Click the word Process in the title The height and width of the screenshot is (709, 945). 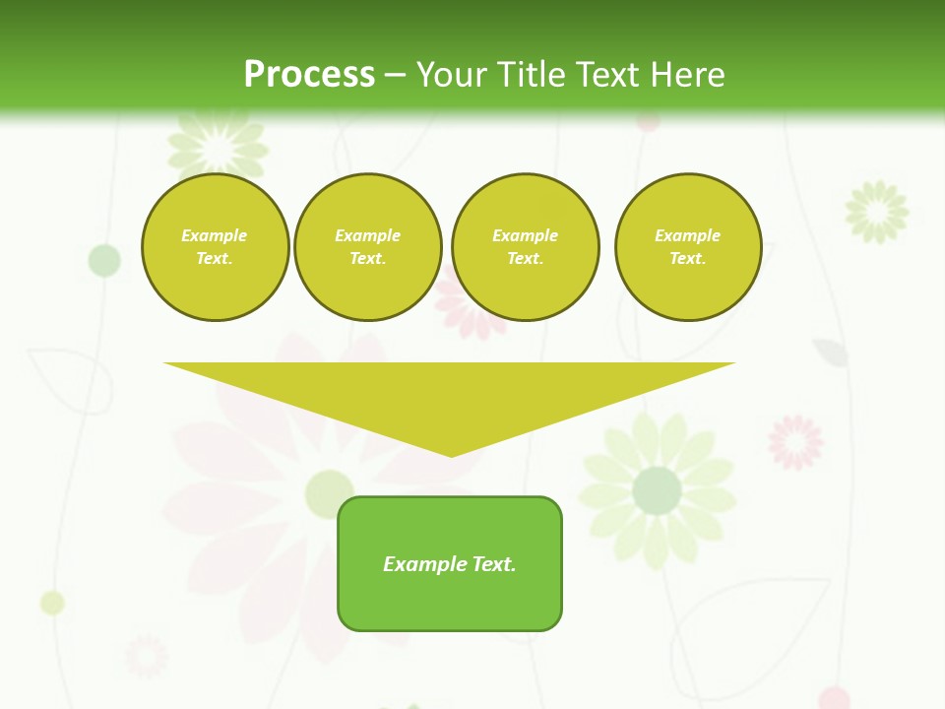click(309, 75)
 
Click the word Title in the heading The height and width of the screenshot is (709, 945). click(529, 75)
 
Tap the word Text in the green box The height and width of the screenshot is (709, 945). click(493, 564)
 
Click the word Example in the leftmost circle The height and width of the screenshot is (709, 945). click(215, 235)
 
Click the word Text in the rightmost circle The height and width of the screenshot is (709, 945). click(687, 258)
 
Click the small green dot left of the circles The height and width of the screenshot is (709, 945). click(104, 260)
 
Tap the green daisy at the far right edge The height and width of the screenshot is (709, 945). click(876, 211)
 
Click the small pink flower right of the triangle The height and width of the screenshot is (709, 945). click(795, 441)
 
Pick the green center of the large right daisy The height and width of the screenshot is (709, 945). click(657, 490)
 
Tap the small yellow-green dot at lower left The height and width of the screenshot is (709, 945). click(52, 603)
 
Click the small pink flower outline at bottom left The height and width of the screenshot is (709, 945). click(146, 657)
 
